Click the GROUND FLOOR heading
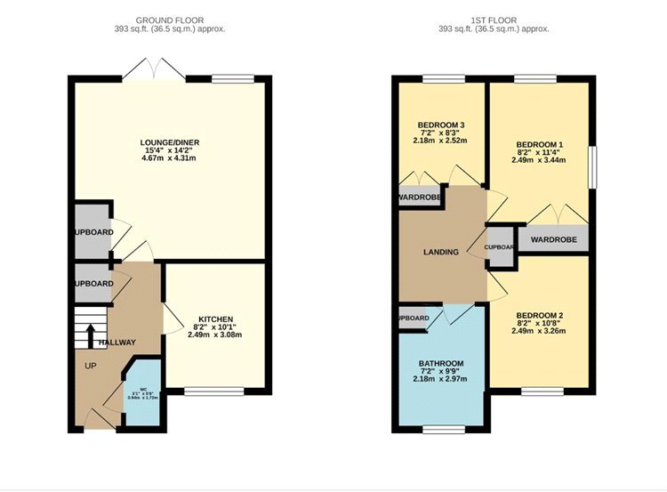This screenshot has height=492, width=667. click(x=168, y=19)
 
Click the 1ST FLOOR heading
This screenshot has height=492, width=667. click(x=494, y=19)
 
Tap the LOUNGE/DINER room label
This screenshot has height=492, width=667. click(x=168, y=142)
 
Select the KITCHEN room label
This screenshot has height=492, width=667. click(x=215, y=319)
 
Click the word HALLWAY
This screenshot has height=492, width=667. click(x=117, y=343)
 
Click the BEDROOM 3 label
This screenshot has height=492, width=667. click(x=441, y=124)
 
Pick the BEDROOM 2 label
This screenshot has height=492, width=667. click(x=540, y=315)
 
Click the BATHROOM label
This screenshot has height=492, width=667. click(x=441, y=363)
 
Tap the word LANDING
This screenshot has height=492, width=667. click(x=441, y=252)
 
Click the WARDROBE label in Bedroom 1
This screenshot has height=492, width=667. click(x=554, y=240)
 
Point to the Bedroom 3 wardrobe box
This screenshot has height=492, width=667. click(x=420, y=197)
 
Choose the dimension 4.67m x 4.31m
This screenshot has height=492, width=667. click(x=168, y=158)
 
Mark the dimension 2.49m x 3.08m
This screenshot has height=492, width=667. click(x=215, y=335)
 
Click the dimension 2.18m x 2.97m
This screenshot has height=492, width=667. click(x=441, y=379)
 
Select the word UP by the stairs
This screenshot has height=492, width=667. click(x=90, y=366)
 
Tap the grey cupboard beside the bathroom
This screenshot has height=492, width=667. click(x=413, y=318)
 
